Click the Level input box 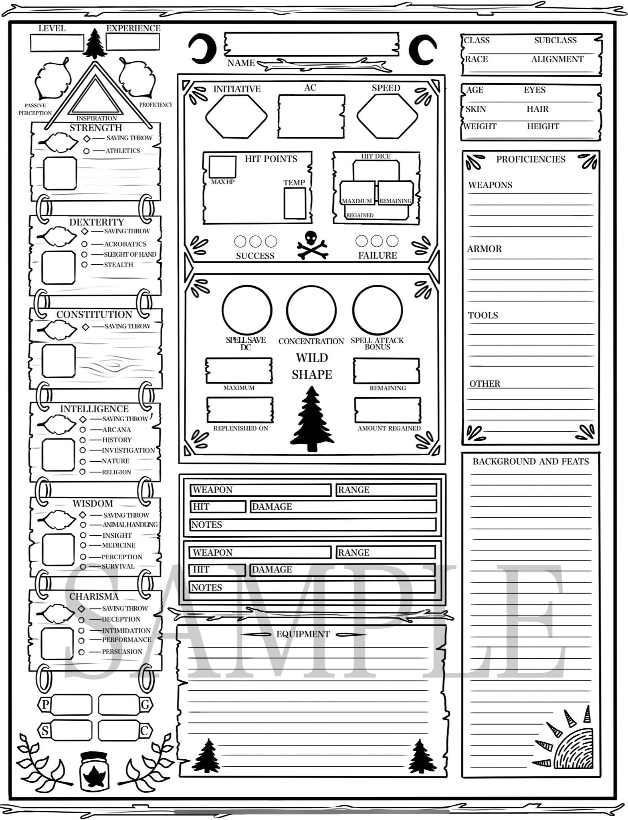click(57, 43)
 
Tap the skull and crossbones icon click(312, 245)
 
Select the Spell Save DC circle click(247, 310)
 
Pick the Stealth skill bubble click(84, 265)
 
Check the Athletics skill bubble click(86, 151)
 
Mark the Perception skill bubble click(83, 557)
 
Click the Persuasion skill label click(122, 651)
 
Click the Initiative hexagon click(236, 117)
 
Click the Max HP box click(222, 167)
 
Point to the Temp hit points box click(295, 203)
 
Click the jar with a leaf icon click(94, 776)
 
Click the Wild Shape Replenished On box click(240, 410)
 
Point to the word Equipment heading click(303, 634)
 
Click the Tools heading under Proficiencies click(483, 316)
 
